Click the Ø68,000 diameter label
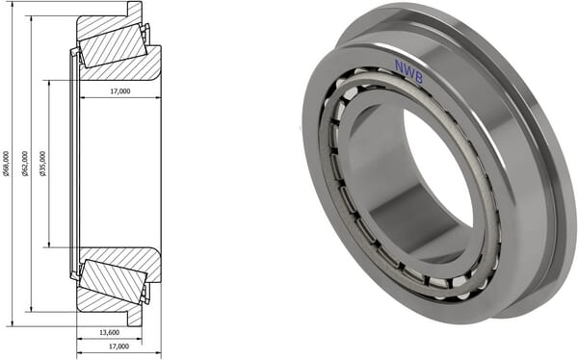coord(7,163)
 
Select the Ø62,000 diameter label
coord(25,163)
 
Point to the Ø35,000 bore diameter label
coord(43,163)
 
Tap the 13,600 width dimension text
coord(110,332)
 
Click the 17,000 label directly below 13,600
coord(119,347)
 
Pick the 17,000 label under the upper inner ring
coord(120,91)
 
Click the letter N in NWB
coord(399,65)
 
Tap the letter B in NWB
coord(419,78)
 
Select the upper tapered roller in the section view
coord(114,45)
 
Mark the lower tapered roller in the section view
coord(114,281)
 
